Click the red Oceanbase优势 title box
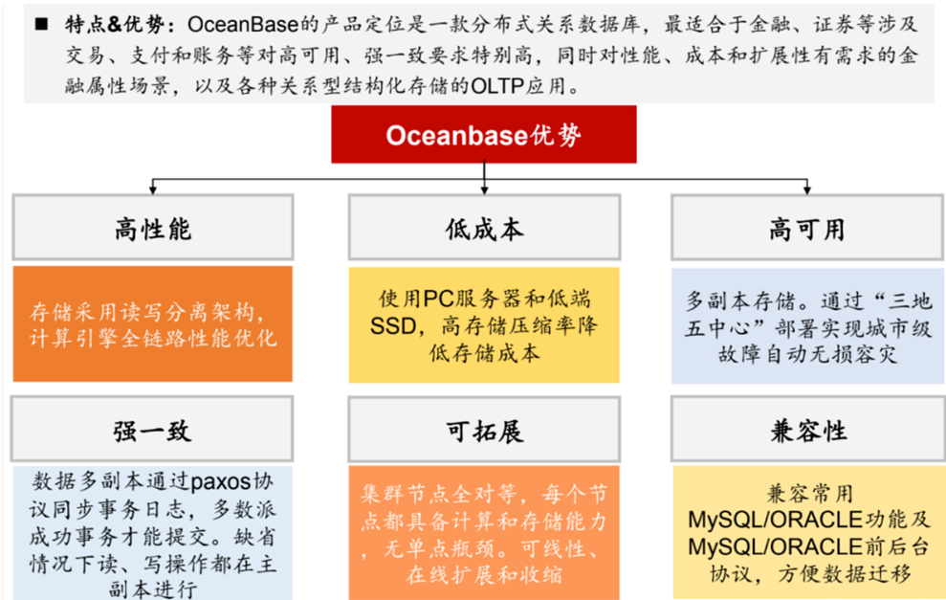[484, 134]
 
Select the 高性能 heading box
[153, 228]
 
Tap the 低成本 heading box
[484, 228]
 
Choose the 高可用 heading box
[807, 228]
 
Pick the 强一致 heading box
[152, 429]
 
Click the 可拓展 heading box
[484, 430]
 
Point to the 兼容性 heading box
[808, 429]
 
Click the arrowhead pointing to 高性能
[153, 190]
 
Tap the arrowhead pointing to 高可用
[807, 190]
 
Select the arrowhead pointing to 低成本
[484, 190]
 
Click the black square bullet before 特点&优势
[41, 24]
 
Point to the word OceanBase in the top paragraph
[243, 25]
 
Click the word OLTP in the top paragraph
[497, 86]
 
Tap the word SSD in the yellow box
[393, 326]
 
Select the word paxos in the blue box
[221, 482]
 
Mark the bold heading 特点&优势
[115, 25]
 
